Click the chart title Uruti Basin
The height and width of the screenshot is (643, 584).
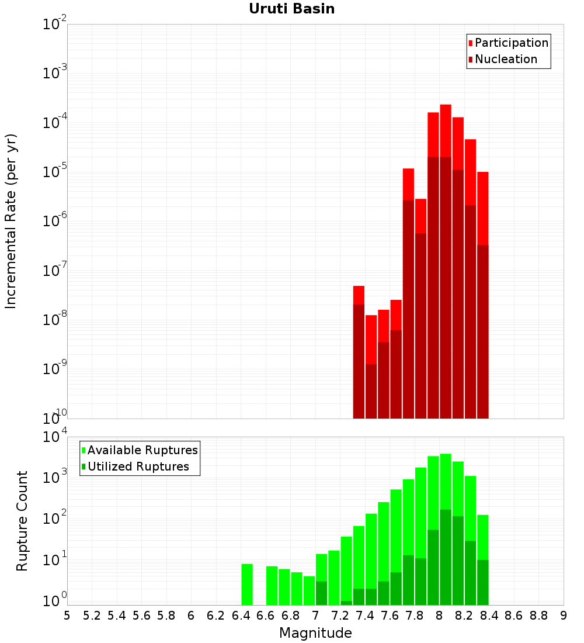click(292, 9)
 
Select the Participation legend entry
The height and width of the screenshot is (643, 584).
click(508, 43)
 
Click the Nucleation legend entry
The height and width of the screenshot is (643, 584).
click(503, 59)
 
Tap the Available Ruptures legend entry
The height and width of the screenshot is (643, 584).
click(140, 450)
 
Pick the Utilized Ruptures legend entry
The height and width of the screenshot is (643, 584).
click(135, 466)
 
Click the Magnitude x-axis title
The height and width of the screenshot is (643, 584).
click(315, 633)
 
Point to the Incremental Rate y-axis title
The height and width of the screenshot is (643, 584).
click(11, 222)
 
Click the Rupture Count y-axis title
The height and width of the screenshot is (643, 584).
click(22, 521)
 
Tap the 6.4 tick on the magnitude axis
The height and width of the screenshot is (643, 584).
click(241, 616)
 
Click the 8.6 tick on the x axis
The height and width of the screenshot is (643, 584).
click(514, 616)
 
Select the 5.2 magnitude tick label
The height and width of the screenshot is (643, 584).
click(92, 616)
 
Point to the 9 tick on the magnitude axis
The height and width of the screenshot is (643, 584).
click(564, 616)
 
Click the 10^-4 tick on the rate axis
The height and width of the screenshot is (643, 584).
click(54, 122)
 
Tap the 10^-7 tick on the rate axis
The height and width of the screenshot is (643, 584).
click(54, 270)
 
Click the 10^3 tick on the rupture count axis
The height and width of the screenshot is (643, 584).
click(54, 477)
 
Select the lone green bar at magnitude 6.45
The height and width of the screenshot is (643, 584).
click(247, 585)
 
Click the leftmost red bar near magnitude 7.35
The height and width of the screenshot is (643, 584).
click(359, 352)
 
